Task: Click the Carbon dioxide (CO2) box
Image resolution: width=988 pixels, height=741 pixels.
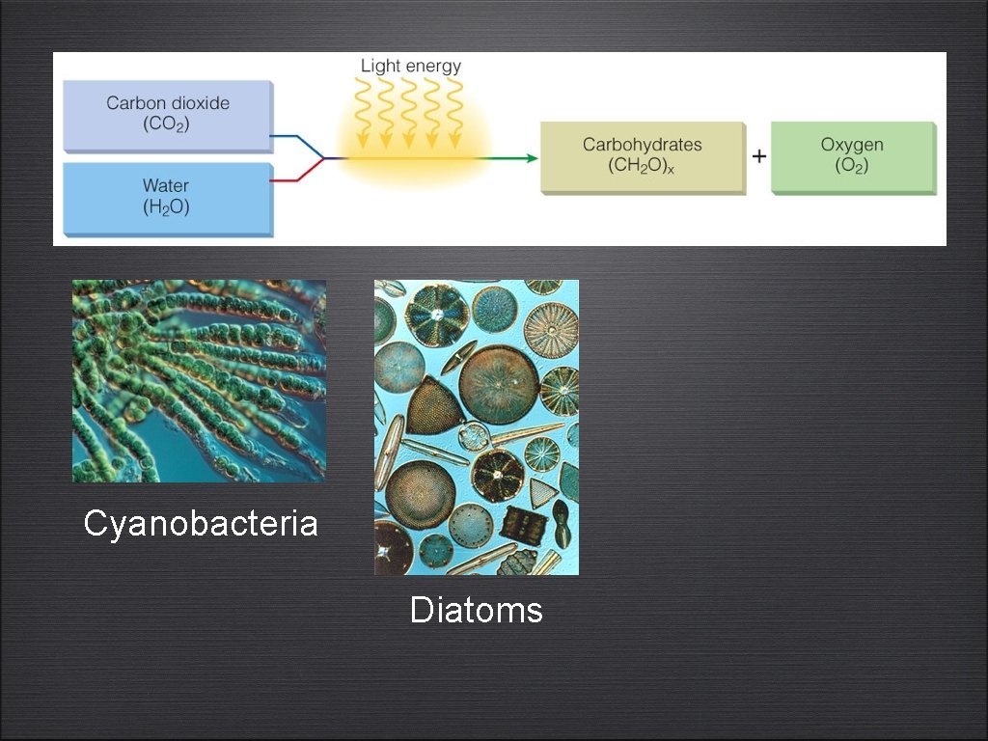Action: pos(168,114)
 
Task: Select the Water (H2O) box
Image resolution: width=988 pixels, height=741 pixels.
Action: pos(168,197)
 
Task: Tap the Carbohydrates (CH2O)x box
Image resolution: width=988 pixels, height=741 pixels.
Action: pos(642,156)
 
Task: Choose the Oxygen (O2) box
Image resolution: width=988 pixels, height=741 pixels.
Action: pos(853,156)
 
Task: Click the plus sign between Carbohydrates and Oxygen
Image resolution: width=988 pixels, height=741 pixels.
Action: pos(759,156)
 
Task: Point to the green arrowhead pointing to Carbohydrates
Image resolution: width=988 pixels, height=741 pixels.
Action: pos(532,157)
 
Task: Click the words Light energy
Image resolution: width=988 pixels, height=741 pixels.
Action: pos(411,67)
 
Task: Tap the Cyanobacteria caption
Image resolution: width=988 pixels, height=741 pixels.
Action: pos(201,524)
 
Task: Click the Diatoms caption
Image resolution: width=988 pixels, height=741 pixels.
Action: pos(477,611)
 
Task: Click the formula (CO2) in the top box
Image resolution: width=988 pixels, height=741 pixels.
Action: pos(168,123)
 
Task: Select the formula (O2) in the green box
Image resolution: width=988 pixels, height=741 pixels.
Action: pos(853,166)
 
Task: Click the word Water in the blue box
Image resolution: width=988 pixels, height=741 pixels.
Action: pos(166,185)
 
